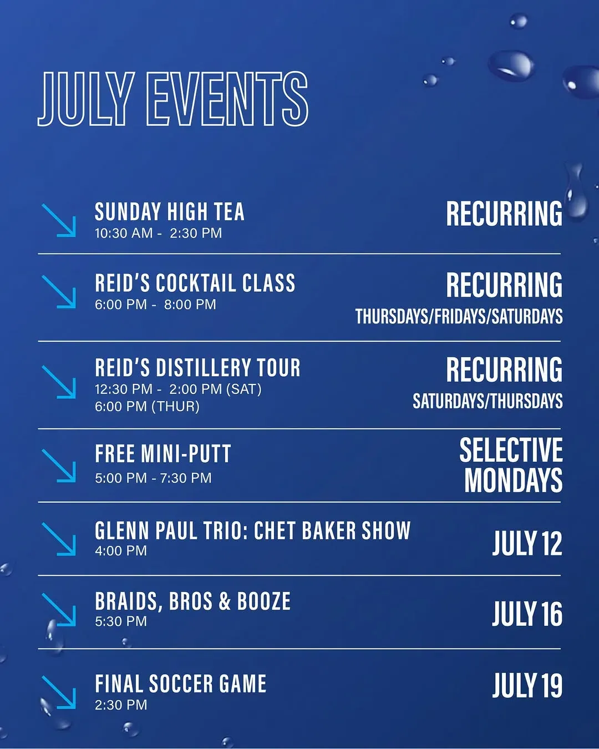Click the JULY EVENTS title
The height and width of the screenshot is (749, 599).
172,99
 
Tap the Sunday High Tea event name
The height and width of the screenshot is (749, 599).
170,211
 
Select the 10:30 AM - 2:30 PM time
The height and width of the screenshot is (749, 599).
159,233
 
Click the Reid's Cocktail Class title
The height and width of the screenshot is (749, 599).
195,282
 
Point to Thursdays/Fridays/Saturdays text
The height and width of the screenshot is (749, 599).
459,316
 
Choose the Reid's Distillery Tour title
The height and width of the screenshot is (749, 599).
197,367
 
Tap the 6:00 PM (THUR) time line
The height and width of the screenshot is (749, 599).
147,407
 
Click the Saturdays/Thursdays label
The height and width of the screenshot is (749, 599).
488,401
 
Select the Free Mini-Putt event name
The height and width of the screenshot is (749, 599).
163,453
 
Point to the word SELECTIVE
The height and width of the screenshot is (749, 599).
511,450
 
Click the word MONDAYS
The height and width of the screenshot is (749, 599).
514,480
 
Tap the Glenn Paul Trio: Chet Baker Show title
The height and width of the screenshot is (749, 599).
253,530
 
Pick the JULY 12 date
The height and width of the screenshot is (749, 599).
527,543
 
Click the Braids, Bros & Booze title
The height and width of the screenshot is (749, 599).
193,601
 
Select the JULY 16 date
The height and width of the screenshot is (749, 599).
527,614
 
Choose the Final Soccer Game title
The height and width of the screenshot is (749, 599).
181,684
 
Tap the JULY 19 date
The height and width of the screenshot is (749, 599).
527,685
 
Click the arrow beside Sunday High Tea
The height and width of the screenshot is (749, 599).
58,220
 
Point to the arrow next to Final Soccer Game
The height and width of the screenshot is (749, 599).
58,692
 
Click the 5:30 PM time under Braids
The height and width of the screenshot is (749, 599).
121,621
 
